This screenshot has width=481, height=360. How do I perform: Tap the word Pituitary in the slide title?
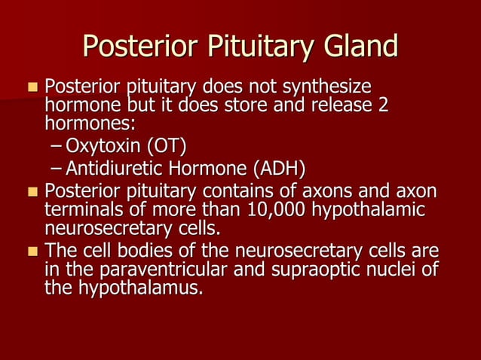point(248,47)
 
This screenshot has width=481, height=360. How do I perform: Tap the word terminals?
point(82,208)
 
